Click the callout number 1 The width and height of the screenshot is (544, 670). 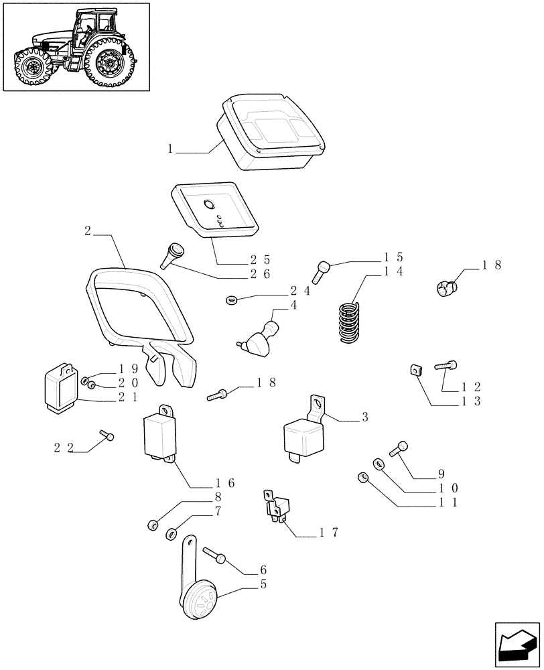coord(171,149)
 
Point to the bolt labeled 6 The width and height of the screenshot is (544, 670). coord(214,555)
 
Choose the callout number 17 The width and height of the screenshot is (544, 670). coord(328,533)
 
